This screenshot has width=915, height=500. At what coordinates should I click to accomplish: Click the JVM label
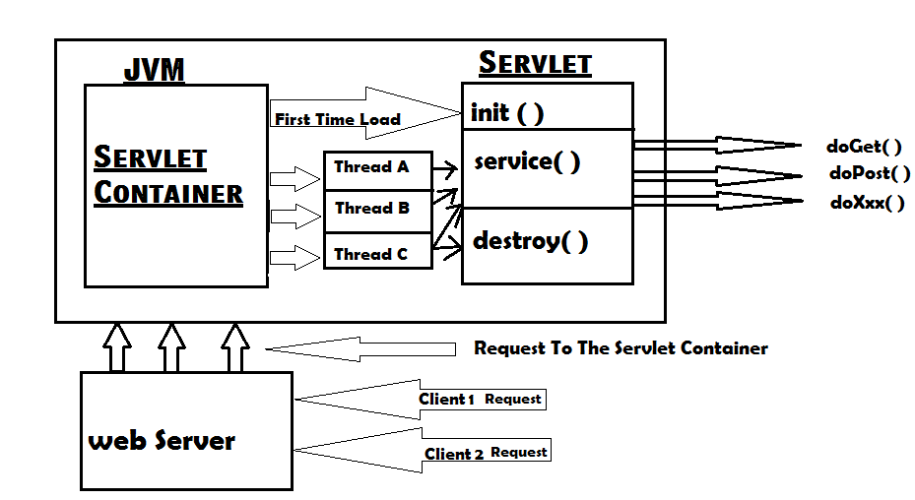154,70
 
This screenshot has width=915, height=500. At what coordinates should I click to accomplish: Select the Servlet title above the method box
535,64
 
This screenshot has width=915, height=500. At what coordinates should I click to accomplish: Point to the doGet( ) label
865,148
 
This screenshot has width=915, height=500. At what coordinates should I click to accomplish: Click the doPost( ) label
869,174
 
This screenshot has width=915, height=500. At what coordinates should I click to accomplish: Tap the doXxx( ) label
867,204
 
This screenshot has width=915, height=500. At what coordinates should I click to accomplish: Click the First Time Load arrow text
338,119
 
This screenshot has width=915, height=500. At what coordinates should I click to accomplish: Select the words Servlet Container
167,174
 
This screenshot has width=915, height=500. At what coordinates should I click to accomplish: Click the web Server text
162,440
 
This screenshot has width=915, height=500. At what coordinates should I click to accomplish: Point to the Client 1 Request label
480,400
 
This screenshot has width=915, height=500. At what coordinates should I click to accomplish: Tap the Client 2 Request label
486,453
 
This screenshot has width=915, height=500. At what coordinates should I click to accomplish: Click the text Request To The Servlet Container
621,348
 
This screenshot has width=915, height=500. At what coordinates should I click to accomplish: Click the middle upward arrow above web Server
172,346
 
